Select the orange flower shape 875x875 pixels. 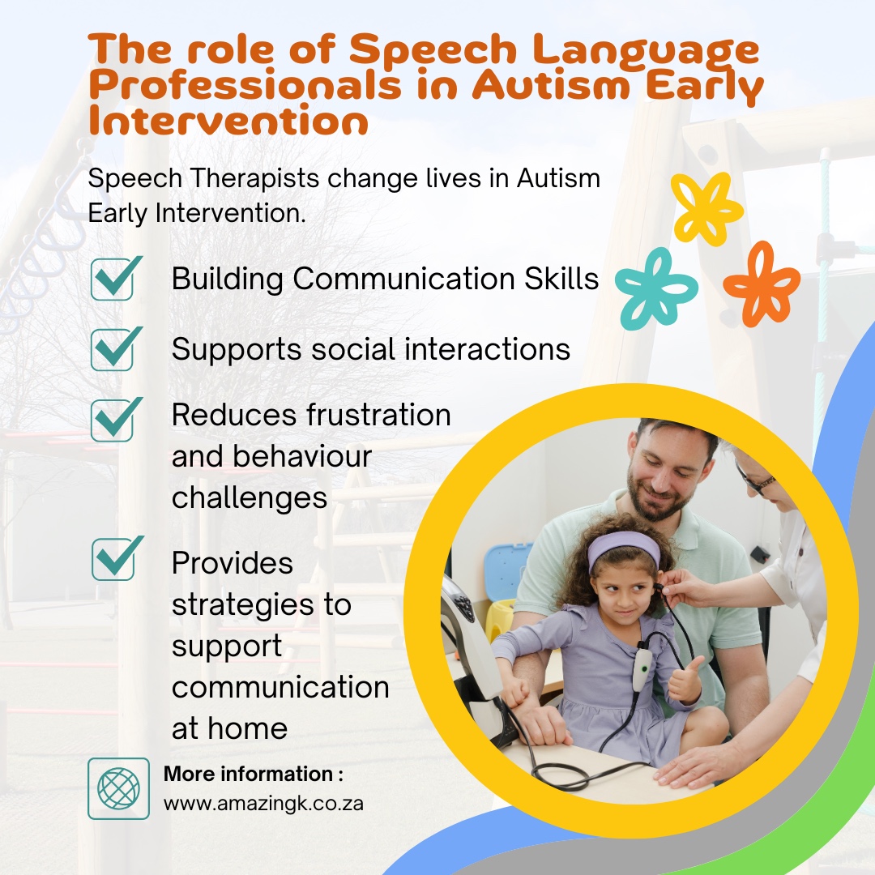(x=762, y=284)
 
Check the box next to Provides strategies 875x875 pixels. (x=113, y=558)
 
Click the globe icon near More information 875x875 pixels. (x=118, y=788)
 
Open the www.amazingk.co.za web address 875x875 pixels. (x=263, y=805)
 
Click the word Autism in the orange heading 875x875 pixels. (x=552, y=85)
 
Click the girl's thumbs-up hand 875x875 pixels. (x=684, y=682)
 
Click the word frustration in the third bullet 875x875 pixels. (x=379, y=415)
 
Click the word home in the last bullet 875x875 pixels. (x=246, y=728)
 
